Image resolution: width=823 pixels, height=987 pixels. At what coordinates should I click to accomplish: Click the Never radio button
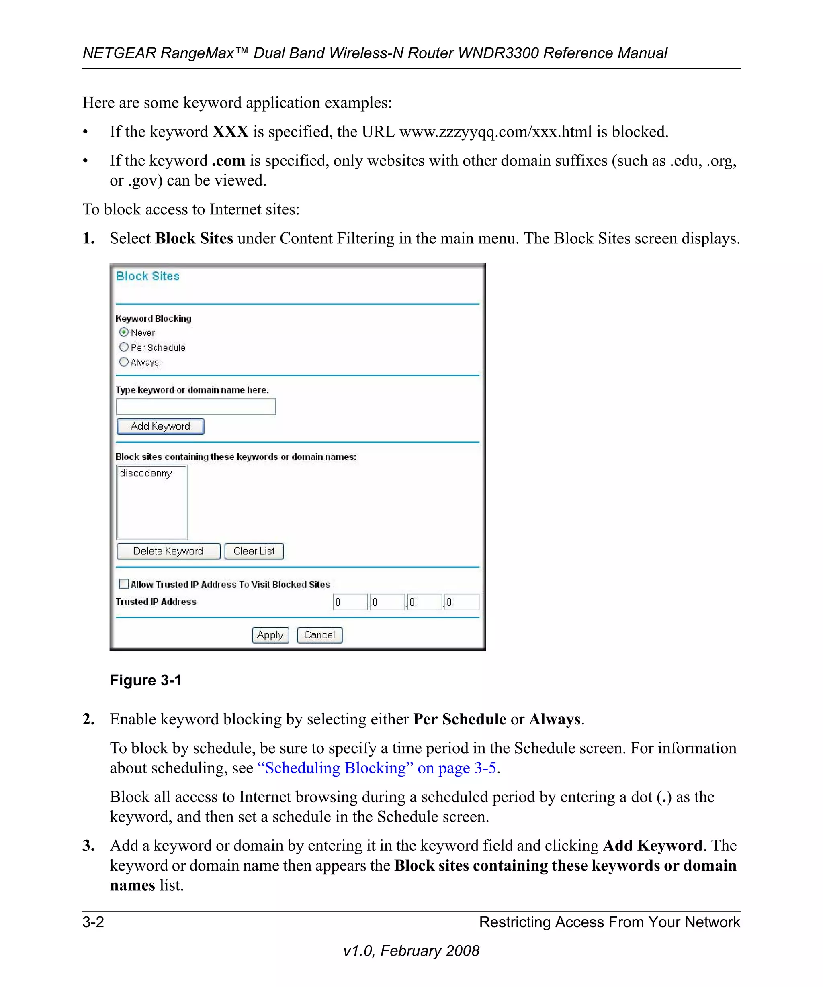pos(124,332)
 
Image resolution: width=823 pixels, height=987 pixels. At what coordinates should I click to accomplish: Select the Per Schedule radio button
pos(124,347)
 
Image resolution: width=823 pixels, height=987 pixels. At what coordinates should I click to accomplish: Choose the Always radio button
pos(124,362)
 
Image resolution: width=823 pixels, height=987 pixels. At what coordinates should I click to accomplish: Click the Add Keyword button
pos(160,426)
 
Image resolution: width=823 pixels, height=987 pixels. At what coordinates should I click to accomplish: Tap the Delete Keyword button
pos(168,551)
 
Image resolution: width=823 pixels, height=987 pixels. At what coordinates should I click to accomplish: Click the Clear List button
pos(254,551)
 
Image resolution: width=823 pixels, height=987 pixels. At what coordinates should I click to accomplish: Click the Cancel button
pos(319,635)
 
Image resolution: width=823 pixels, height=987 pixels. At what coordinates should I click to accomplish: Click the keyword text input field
pos(196,406)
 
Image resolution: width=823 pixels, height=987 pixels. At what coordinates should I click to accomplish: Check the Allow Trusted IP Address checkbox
pos(124,584)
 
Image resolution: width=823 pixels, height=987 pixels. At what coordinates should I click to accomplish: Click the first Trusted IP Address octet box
pos(350,602)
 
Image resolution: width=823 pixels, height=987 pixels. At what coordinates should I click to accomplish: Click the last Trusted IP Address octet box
pos(462,602)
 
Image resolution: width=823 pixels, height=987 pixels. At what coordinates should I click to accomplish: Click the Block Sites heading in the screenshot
pos(147,276)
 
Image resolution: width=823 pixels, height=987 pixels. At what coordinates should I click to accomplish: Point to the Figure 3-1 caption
pos(145,680)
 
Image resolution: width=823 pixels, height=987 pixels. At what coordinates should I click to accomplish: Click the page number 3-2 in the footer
pos(93,922)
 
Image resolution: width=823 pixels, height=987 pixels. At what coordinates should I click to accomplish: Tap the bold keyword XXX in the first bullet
pos(230,132)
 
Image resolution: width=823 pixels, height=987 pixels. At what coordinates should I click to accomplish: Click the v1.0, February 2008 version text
pos(411,951)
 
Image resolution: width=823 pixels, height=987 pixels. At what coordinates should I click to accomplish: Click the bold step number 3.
pos(88,846)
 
